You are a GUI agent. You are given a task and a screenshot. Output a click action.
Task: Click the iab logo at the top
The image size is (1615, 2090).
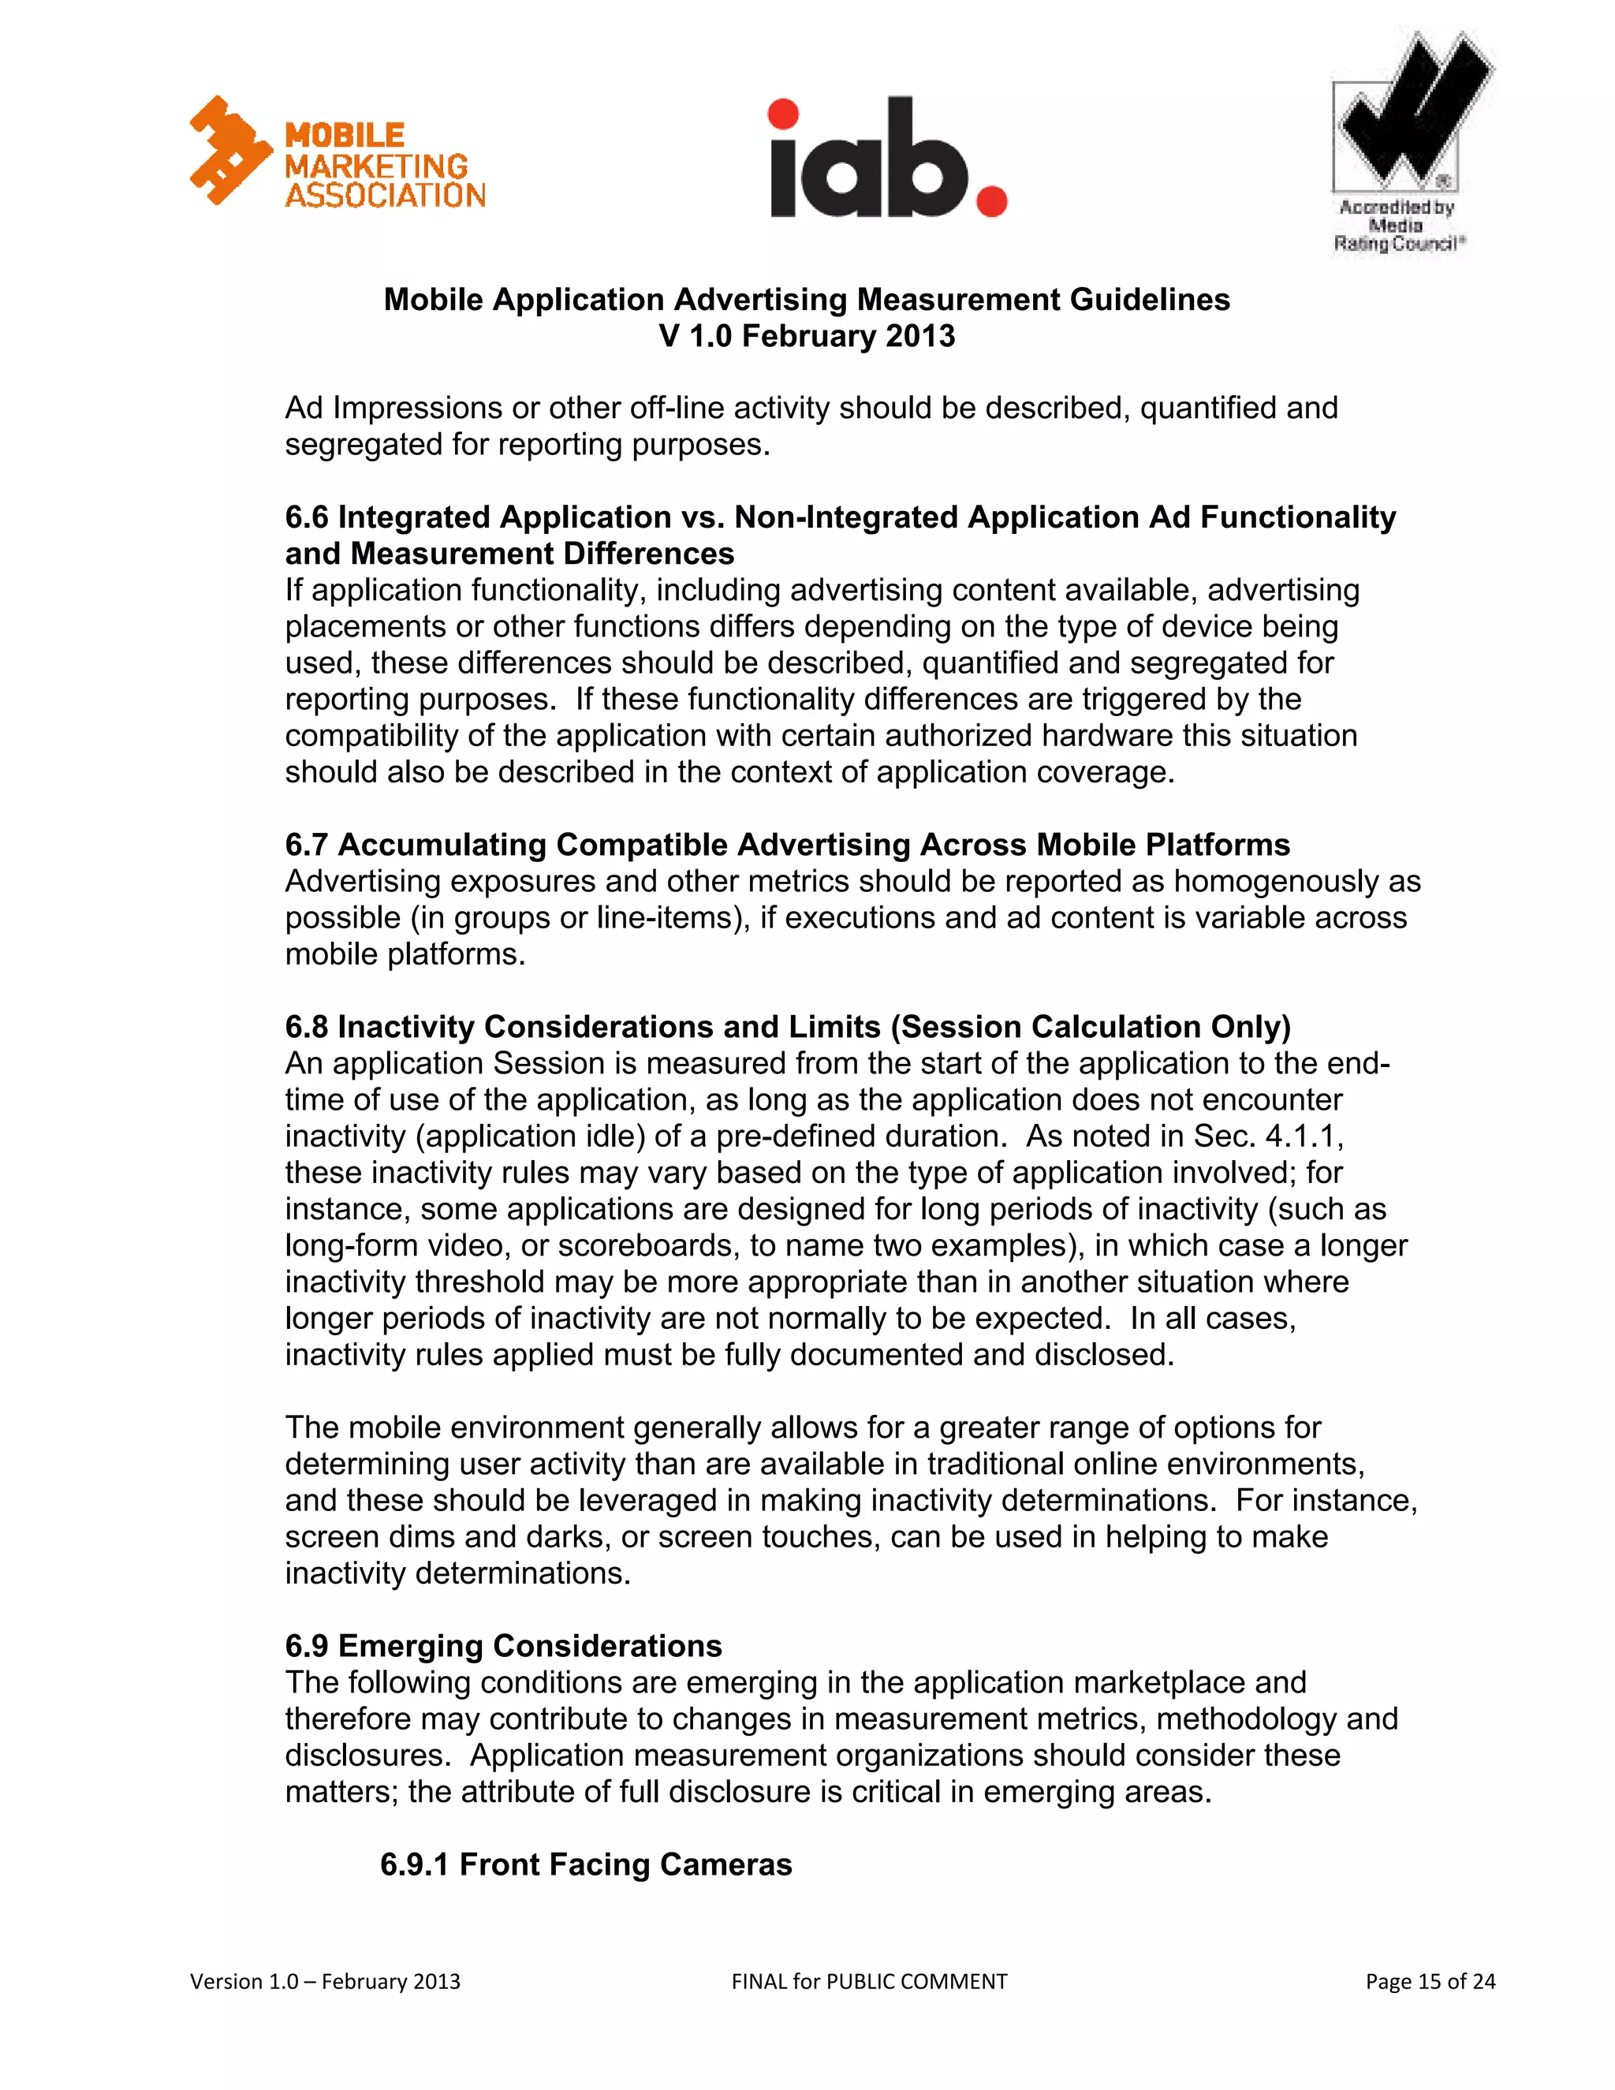pos(888,158)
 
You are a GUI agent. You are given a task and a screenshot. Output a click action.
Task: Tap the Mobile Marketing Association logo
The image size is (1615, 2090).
pos(337,153)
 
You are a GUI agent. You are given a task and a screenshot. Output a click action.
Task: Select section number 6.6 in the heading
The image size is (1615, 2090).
pos(306,517)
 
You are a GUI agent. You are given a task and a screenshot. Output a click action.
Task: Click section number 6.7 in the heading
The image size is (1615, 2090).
pos(306,845)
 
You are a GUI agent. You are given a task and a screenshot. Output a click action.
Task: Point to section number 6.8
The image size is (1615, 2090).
pos(306,1027)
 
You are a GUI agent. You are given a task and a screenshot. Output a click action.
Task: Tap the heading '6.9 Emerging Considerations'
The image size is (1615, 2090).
pos(503,1646)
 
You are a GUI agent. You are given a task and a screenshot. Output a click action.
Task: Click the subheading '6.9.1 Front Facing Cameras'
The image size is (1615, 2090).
pos(586,1864)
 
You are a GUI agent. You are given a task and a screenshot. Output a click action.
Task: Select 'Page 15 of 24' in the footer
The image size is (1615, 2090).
pos(1430,1981)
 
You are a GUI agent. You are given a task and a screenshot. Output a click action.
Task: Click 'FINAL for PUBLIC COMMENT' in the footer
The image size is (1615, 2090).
pos(869,1981)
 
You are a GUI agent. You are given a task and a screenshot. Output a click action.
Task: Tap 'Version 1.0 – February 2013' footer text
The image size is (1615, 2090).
pos(326,1981)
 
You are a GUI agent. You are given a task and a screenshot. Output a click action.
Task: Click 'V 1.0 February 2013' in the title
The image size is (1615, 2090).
pos(807,337)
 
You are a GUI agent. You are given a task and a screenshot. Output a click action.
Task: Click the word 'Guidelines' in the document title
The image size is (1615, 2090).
pos(1149,300)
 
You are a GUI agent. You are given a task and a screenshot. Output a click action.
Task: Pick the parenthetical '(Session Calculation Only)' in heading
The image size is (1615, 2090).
pos(1091,1027)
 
